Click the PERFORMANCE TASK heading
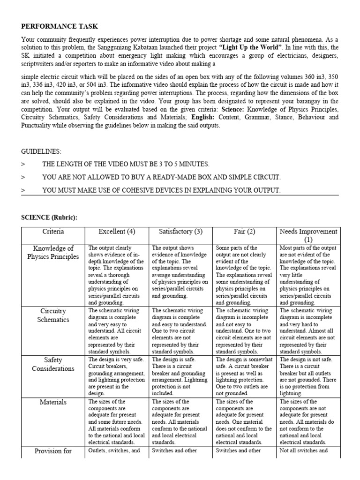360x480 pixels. [x=60, y=27]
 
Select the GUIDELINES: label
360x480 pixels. [x=41, y=151]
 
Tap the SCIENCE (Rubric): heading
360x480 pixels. [x=49, y=217]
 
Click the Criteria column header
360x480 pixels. [x=53, y=232]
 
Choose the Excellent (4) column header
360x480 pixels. [x=117, y=232]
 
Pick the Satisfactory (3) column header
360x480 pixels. [x=181, y=232]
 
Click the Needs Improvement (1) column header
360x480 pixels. [x=308, y=235]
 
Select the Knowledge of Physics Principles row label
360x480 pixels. [x=53, y=252]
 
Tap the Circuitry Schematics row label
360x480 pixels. [x=53, y=315]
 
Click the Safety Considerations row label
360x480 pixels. [x=53, y=364]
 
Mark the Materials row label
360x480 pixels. [x=53, y=402]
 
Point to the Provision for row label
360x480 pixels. [x=53, y=451]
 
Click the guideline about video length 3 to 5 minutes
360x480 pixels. [x=126, y=164]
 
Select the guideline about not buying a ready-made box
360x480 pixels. [x=161, y=177]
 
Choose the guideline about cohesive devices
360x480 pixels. [x=161, y=190]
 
